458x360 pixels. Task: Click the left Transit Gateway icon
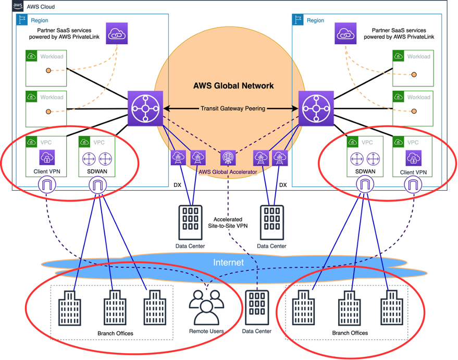pyautogui.click(x=145, y=109)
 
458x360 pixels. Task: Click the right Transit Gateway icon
pyautogui.click(x=315, y=109)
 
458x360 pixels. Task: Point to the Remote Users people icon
pyautogui.click(x=206, y=308)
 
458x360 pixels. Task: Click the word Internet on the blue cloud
pyautogui.click(x=228, y=263)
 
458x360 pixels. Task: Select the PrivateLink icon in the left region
pyautogui.click(x=117, y=33)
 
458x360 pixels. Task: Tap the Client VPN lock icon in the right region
pyautogui.click(x=413, y=157)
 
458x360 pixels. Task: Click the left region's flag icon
pyautogui.click(x=22, y=20)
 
